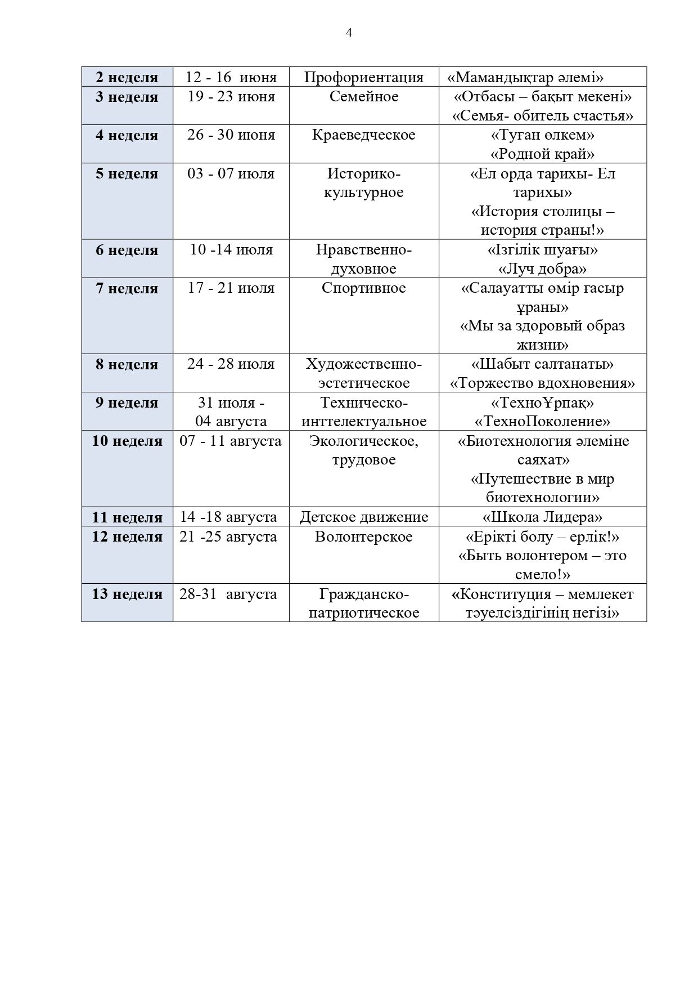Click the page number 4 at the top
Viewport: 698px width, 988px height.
click(x=349, y=33)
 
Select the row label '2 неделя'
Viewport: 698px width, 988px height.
click(x=127, y=77)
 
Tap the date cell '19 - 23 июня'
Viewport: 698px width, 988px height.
click(x=231, y=97)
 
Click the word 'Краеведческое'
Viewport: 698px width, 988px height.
click(x=363, y=135)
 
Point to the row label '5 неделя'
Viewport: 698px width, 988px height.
click(x=127, y=173)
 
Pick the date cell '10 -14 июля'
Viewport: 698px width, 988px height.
click(x=231, y=249)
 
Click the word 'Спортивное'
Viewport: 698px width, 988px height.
click(x=363, y=288)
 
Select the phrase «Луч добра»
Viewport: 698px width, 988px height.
click(x=542, y=269)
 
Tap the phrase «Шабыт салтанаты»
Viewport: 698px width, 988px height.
click(x=542, y=364)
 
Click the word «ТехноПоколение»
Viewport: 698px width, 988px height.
click(x=542, y=422)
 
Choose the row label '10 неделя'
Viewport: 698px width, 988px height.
click(x=127, y=441)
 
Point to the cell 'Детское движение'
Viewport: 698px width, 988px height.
click(x=363, y=517)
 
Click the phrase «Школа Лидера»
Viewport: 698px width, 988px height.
click(x=542, y=517)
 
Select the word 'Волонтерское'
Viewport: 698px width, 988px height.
click(x=363, y=537)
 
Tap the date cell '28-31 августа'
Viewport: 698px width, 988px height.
click(x=228, y=594)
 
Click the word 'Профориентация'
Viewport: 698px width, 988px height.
click(x=363, y=77)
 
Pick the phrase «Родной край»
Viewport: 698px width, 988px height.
click(x=542, y=154)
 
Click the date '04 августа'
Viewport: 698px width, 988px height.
click(x=231, y=422)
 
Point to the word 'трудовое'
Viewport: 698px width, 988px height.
click(x=363, y=460)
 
